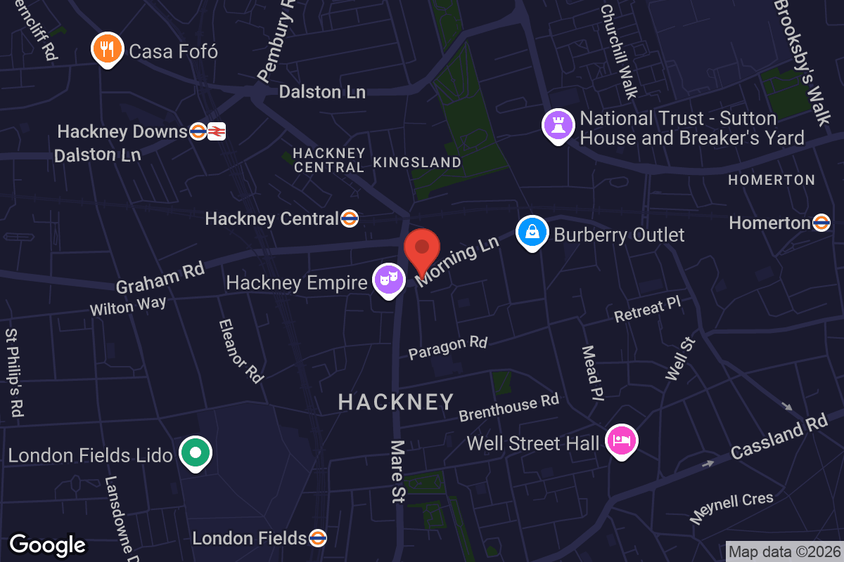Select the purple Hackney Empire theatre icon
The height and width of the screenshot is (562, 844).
pyautogui.click(x=389, y=279)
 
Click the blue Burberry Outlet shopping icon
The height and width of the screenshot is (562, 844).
pyautogui.click(x=532, y=232)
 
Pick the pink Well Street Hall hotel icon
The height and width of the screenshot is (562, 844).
pyautogui.click(x=622, y=441)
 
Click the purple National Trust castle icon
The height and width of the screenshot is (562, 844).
pyautogui.click(x=558, y=125)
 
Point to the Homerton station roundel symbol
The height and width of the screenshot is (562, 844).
pyautogui.click(x=821, y=223)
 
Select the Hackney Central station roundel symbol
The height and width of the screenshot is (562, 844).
pyautogui.click(x=350, y=218)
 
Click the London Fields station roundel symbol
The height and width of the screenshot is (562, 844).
pyautogui.click(x=317, y=538)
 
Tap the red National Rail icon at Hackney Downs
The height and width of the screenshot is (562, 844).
pyautogui.click(x=217, y=131)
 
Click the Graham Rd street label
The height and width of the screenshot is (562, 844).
pyautogui.click(x=160, y=277)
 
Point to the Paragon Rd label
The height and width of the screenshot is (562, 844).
pyautogui.click(x=448, y=347)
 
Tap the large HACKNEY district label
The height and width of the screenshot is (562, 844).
pyautogui.click(x=396, y=402)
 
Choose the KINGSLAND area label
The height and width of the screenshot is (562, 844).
pyautogui.click(x=417, y=162)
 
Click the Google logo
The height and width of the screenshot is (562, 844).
pyautogui.click(x=48, y=544)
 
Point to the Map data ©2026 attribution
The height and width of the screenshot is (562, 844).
pyautogui.click(x=784, y=551)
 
